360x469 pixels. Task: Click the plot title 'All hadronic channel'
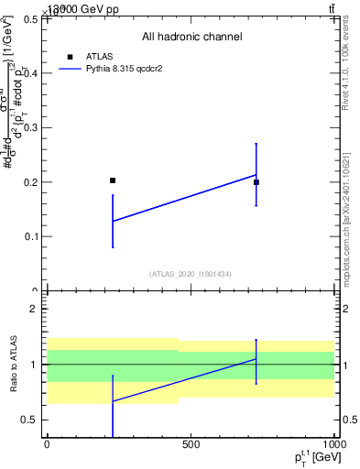pos(191,38)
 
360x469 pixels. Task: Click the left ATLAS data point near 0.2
pos(113,180)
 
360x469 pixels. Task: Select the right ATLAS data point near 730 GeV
pos(256,182)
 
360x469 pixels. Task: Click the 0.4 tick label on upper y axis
pos(30,73)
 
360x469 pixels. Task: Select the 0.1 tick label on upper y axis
pos(30,236)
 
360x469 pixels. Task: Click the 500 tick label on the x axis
pos(191,444)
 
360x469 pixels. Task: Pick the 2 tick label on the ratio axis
pos(34,309)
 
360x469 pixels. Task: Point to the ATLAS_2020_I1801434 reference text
pos(191,274)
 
